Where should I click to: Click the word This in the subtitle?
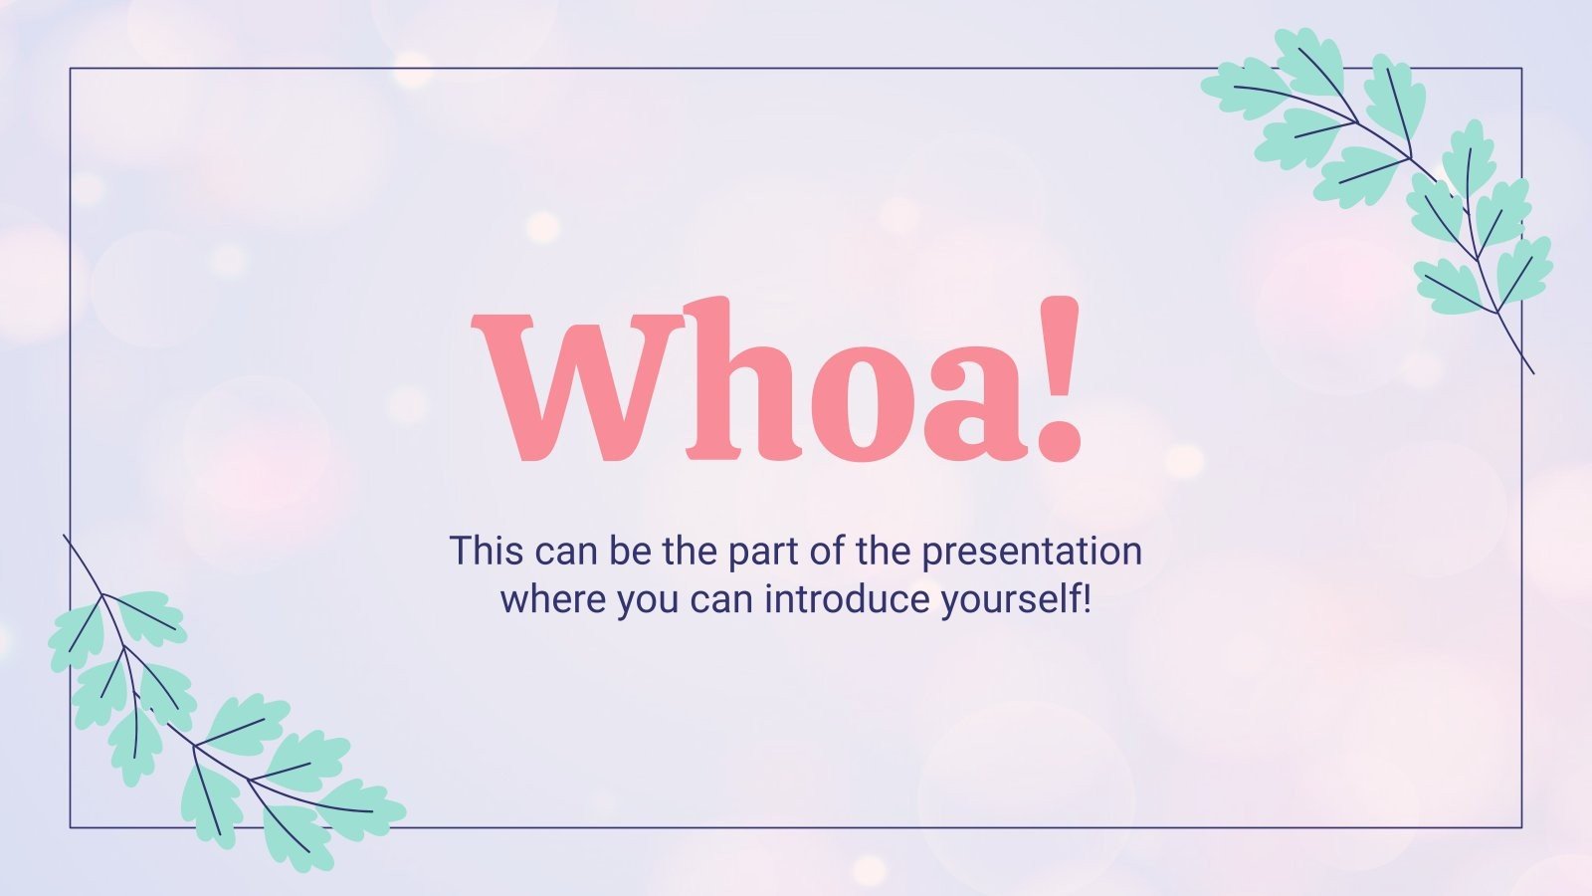(487, 551)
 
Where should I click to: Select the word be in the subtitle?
(629, 551)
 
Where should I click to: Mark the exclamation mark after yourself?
(1087, 600)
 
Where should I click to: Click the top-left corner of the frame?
(71, 69)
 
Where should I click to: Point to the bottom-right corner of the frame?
(1521, 826)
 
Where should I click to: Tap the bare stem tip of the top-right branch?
(1532, 372)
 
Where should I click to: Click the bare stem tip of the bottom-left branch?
(65, 537)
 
